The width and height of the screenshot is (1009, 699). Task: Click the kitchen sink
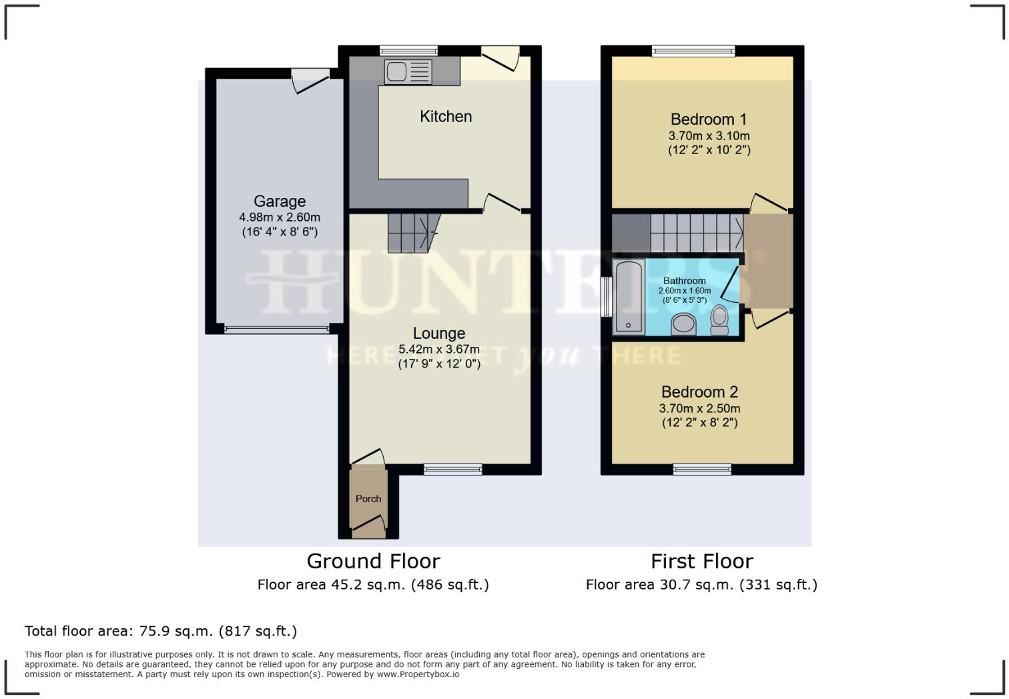pyautogui.click(x=408, y=71)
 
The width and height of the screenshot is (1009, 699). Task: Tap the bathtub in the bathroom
pyautogui.click(x=629, y=296)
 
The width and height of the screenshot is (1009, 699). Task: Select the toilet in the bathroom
pyautogui.click(x=719, y=320)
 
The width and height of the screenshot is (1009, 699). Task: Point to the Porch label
pyautogui.click(x=368, y=499)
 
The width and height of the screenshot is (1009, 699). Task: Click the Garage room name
pyautogui.click(x=280, y=201)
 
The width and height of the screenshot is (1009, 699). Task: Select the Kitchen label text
pyautogui.click(x=446, y=117)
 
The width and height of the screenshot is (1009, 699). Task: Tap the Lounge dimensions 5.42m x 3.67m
pyautogui.click(x=438, y=349)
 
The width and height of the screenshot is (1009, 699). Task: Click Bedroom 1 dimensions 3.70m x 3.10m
pyautogui.click(x=709, y=136)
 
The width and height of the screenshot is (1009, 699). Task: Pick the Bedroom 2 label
pyautogui.click(x=699, y=392)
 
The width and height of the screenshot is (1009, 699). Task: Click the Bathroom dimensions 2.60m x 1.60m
pyautogui.click(x=684, y=291)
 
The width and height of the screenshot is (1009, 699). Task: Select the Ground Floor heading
pyautogui.click(x=373, y=561)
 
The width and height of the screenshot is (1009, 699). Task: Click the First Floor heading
pyautogui.click(x=701, y=561)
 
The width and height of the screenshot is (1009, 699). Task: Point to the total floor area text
pyautogui.click(x=161, y=631)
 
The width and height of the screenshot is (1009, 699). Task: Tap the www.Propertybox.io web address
pyautogui.click(x=418, y=674)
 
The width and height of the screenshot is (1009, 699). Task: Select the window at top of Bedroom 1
pyautogui.click(x=693, y=51)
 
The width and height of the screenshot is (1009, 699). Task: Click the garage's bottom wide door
pyautogui.click(x=276, y=329)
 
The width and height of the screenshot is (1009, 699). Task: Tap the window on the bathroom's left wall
pyautogui.click(x=606, y=297)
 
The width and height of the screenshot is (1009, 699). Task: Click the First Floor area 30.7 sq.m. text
pyautogui.click(x=701, y=585)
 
